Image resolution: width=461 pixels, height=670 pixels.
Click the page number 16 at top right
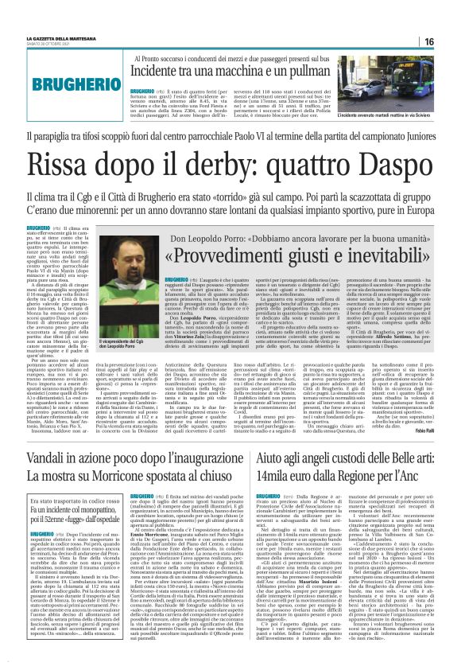(x=450, y=41)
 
